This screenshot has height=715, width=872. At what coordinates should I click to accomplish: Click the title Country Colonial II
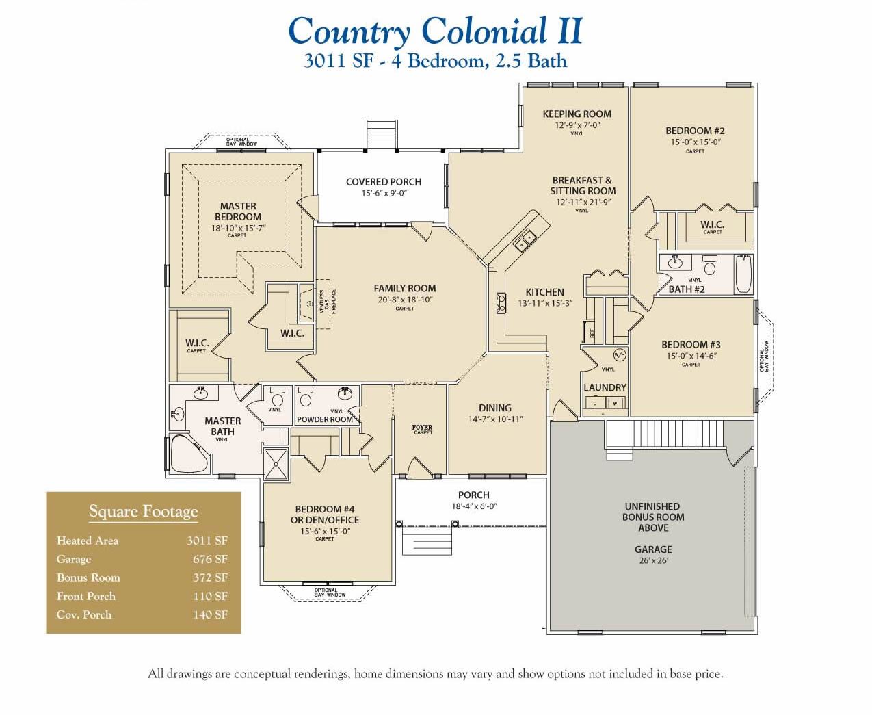tap(435, 31)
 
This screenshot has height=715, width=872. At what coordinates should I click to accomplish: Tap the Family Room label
tap(404, 289)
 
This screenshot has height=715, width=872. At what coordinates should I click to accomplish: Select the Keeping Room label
tap(577, 114)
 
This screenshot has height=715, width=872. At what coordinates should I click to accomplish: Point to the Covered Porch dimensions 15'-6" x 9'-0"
tap(384, 194)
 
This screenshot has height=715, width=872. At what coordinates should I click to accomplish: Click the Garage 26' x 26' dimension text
tap(652, 560)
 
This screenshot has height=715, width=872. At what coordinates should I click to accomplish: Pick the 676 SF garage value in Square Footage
tap(210, 559)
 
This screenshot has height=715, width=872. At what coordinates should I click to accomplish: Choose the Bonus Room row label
tap(88, 577)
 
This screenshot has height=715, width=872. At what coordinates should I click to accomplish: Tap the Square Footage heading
tap(143, 512)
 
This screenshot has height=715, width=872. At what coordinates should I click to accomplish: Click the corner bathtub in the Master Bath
tap(187, 454)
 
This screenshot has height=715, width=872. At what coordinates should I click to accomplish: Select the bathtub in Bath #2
tap(743, 274)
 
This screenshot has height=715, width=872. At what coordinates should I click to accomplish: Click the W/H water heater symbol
tap(619, 354)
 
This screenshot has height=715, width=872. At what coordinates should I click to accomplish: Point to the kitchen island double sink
tap(525, 239)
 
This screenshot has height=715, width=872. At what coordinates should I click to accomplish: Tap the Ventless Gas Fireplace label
tap(328, 301)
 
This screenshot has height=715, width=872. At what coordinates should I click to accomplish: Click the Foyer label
tap(422, 428)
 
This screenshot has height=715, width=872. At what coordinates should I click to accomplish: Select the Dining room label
tap(494, 408)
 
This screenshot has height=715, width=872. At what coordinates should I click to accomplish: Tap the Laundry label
tap(605, 387)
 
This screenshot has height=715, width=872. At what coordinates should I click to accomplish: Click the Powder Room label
tap(324, 419)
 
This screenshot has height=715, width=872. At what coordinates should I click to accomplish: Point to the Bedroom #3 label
tap(690, 345)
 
